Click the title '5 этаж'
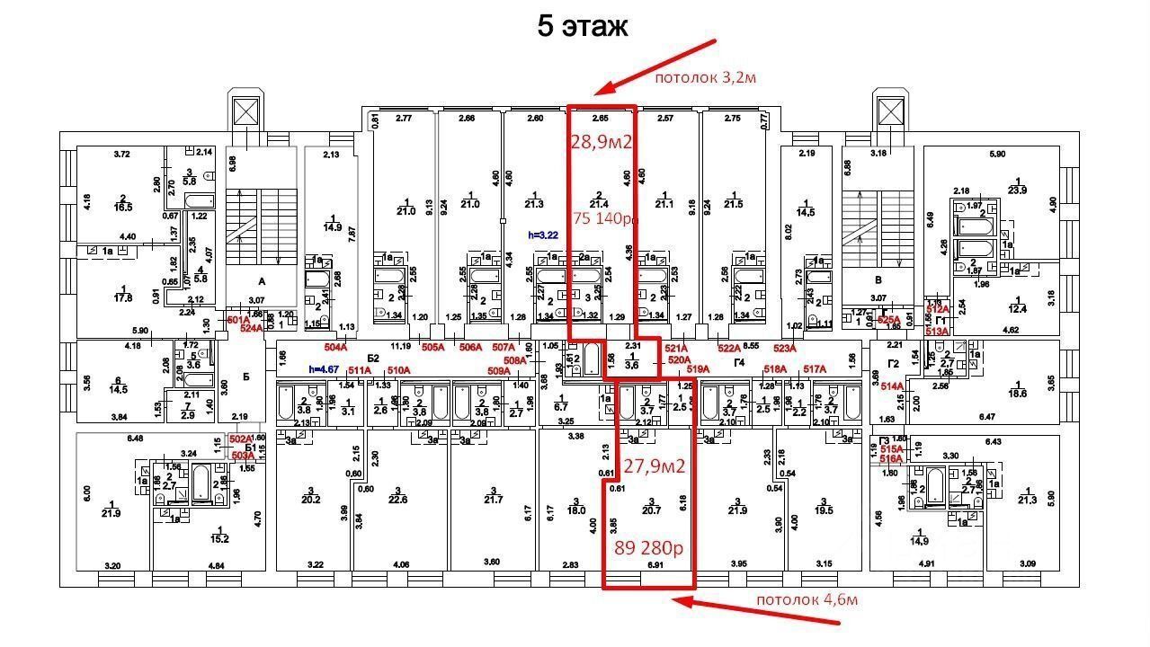(x=582, y=26)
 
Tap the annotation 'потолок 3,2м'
(x=705, y=77)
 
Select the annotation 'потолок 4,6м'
(x=807, y=599)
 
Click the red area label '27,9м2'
(x=655, y=466)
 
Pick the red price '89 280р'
(x=648, y=548)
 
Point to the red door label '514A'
(x=892, y=386)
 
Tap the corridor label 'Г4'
(x=739, y=363)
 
